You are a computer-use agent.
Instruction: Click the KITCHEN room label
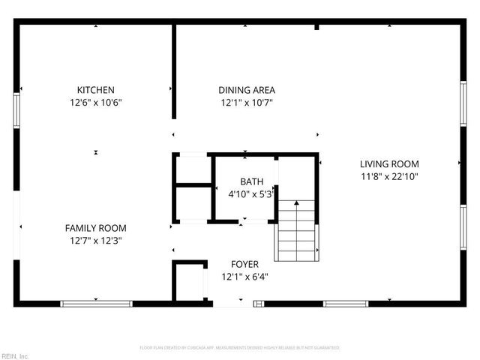point(95,90)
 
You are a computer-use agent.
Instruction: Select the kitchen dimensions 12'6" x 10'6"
point(95,103)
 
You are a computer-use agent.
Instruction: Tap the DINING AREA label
point(247,90)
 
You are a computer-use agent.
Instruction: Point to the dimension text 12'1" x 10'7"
point(247,103)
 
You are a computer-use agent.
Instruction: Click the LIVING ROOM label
point(389,163)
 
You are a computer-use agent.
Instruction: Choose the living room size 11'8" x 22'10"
point(389,176)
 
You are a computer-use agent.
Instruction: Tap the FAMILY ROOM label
point(95,228)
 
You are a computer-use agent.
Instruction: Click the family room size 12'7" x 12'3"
point(95,241)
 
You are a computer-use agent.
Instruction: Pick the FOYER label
point(244,264)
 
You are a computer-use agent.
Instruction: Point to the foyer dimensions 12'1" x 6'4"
point(244,276)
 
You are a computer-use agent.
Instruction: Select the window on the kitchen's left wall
point(16,111)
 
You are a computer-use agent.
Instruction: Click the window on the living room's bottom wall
point(346,304)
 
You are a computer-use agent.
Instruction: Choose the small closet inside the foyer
point(190,282)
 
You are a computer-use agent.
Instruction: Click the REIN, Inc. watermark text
point(15,355)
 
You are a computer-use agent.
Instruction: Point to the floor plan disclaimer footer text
point(240,348)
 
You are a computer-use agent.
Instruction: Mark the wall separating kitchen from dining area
point(174,71)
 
